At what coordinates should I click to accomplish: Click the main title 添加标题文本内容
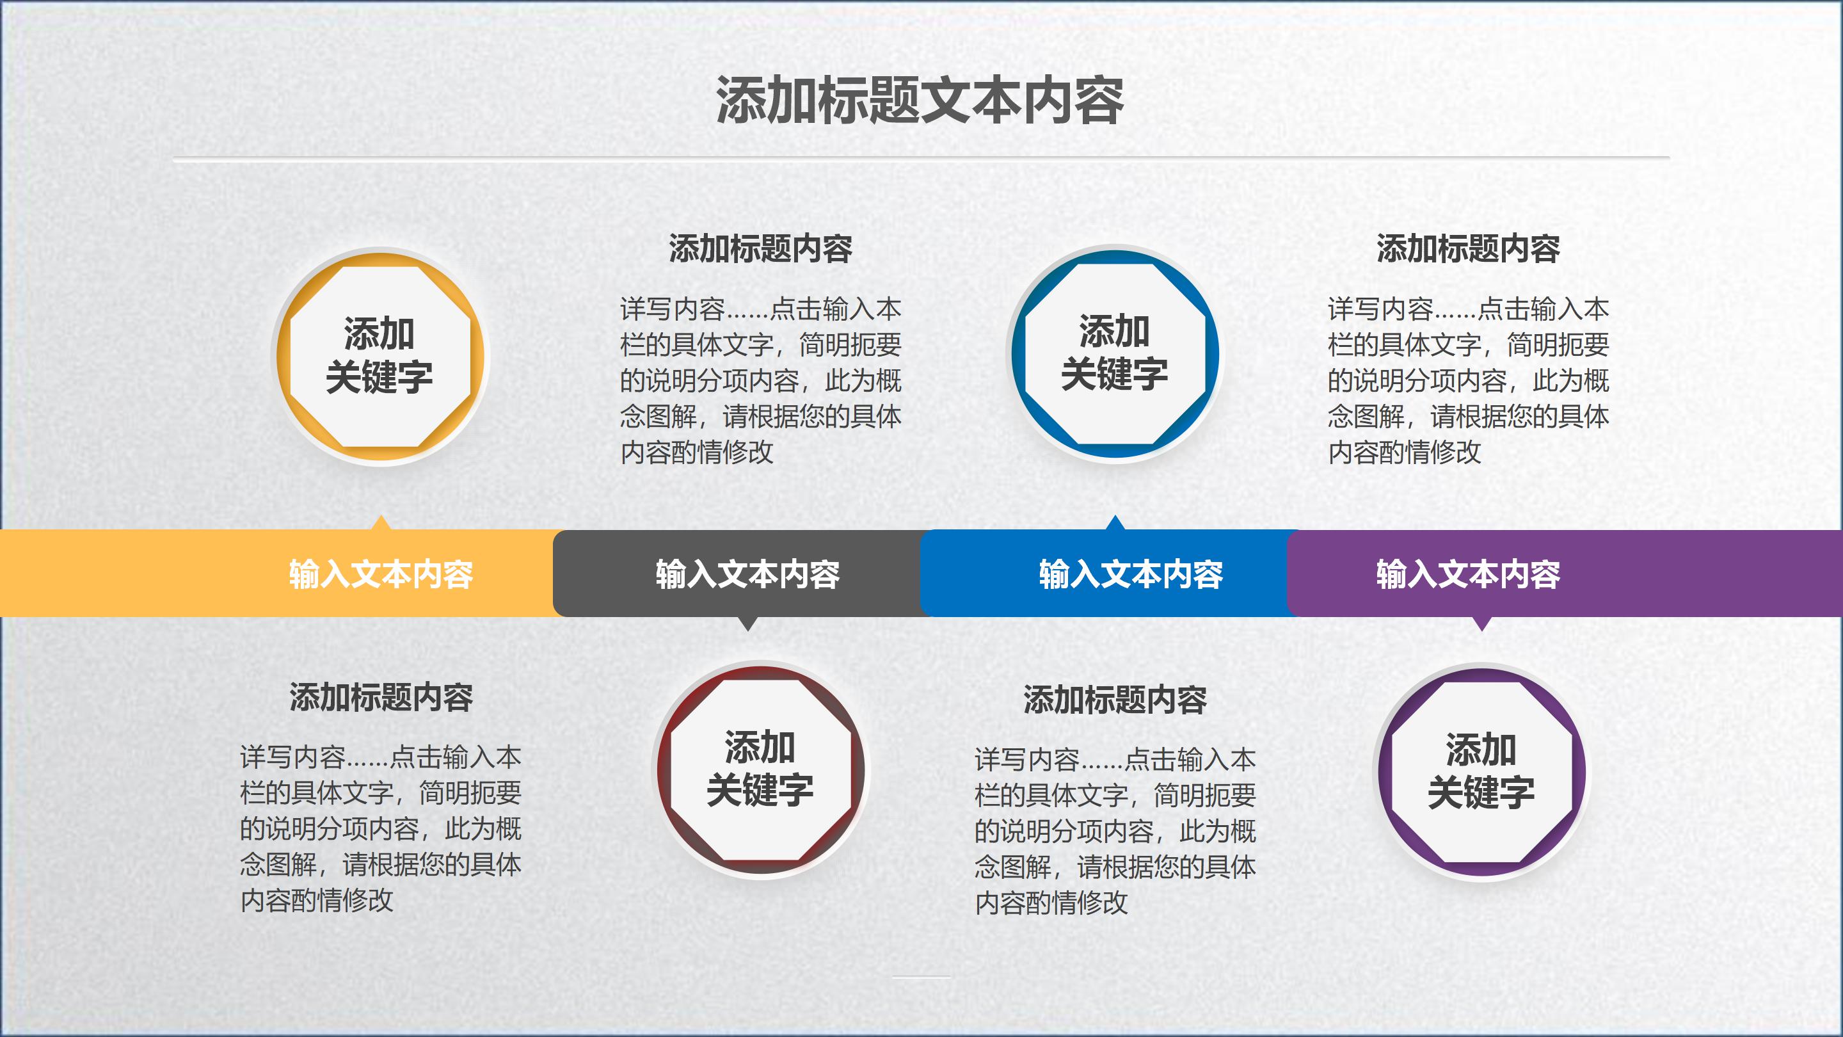920,101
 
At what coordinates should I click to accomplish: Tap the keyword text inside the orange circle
380,356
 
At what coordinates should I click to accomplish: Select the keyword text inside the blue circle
1115,353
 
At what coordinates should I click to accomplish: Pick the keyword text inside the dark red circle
760,769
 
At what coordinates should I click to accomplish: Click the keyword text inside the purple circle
1481,771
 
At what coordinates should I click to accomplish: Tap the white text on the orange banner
381,574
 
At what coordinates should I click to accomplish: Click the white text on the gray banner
747,574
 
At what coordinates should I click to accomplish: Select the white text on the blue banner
1130,574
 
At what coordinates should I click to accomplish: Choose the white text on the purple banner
1468,574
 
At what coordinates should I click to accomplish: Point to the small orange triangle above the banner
381,523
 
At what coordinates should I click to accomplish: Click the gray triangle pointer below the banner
747,624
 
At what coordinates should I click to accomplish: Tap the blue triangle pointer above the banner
1115,523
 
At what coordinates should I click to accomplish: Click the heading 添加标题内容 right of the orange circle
760,249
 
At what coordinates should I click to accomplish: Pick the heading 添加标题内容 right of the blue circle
1468,249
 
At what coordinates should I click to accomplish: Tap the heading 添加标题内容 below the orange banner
381,697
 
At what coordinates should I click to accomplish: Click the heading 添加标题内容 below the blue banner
1115,700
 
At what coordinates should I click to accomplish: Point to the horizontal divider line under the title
921,158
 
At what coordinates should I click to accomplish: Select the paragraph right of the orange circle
760,381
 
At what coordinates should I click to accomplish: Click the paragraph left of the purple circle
1115,831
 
